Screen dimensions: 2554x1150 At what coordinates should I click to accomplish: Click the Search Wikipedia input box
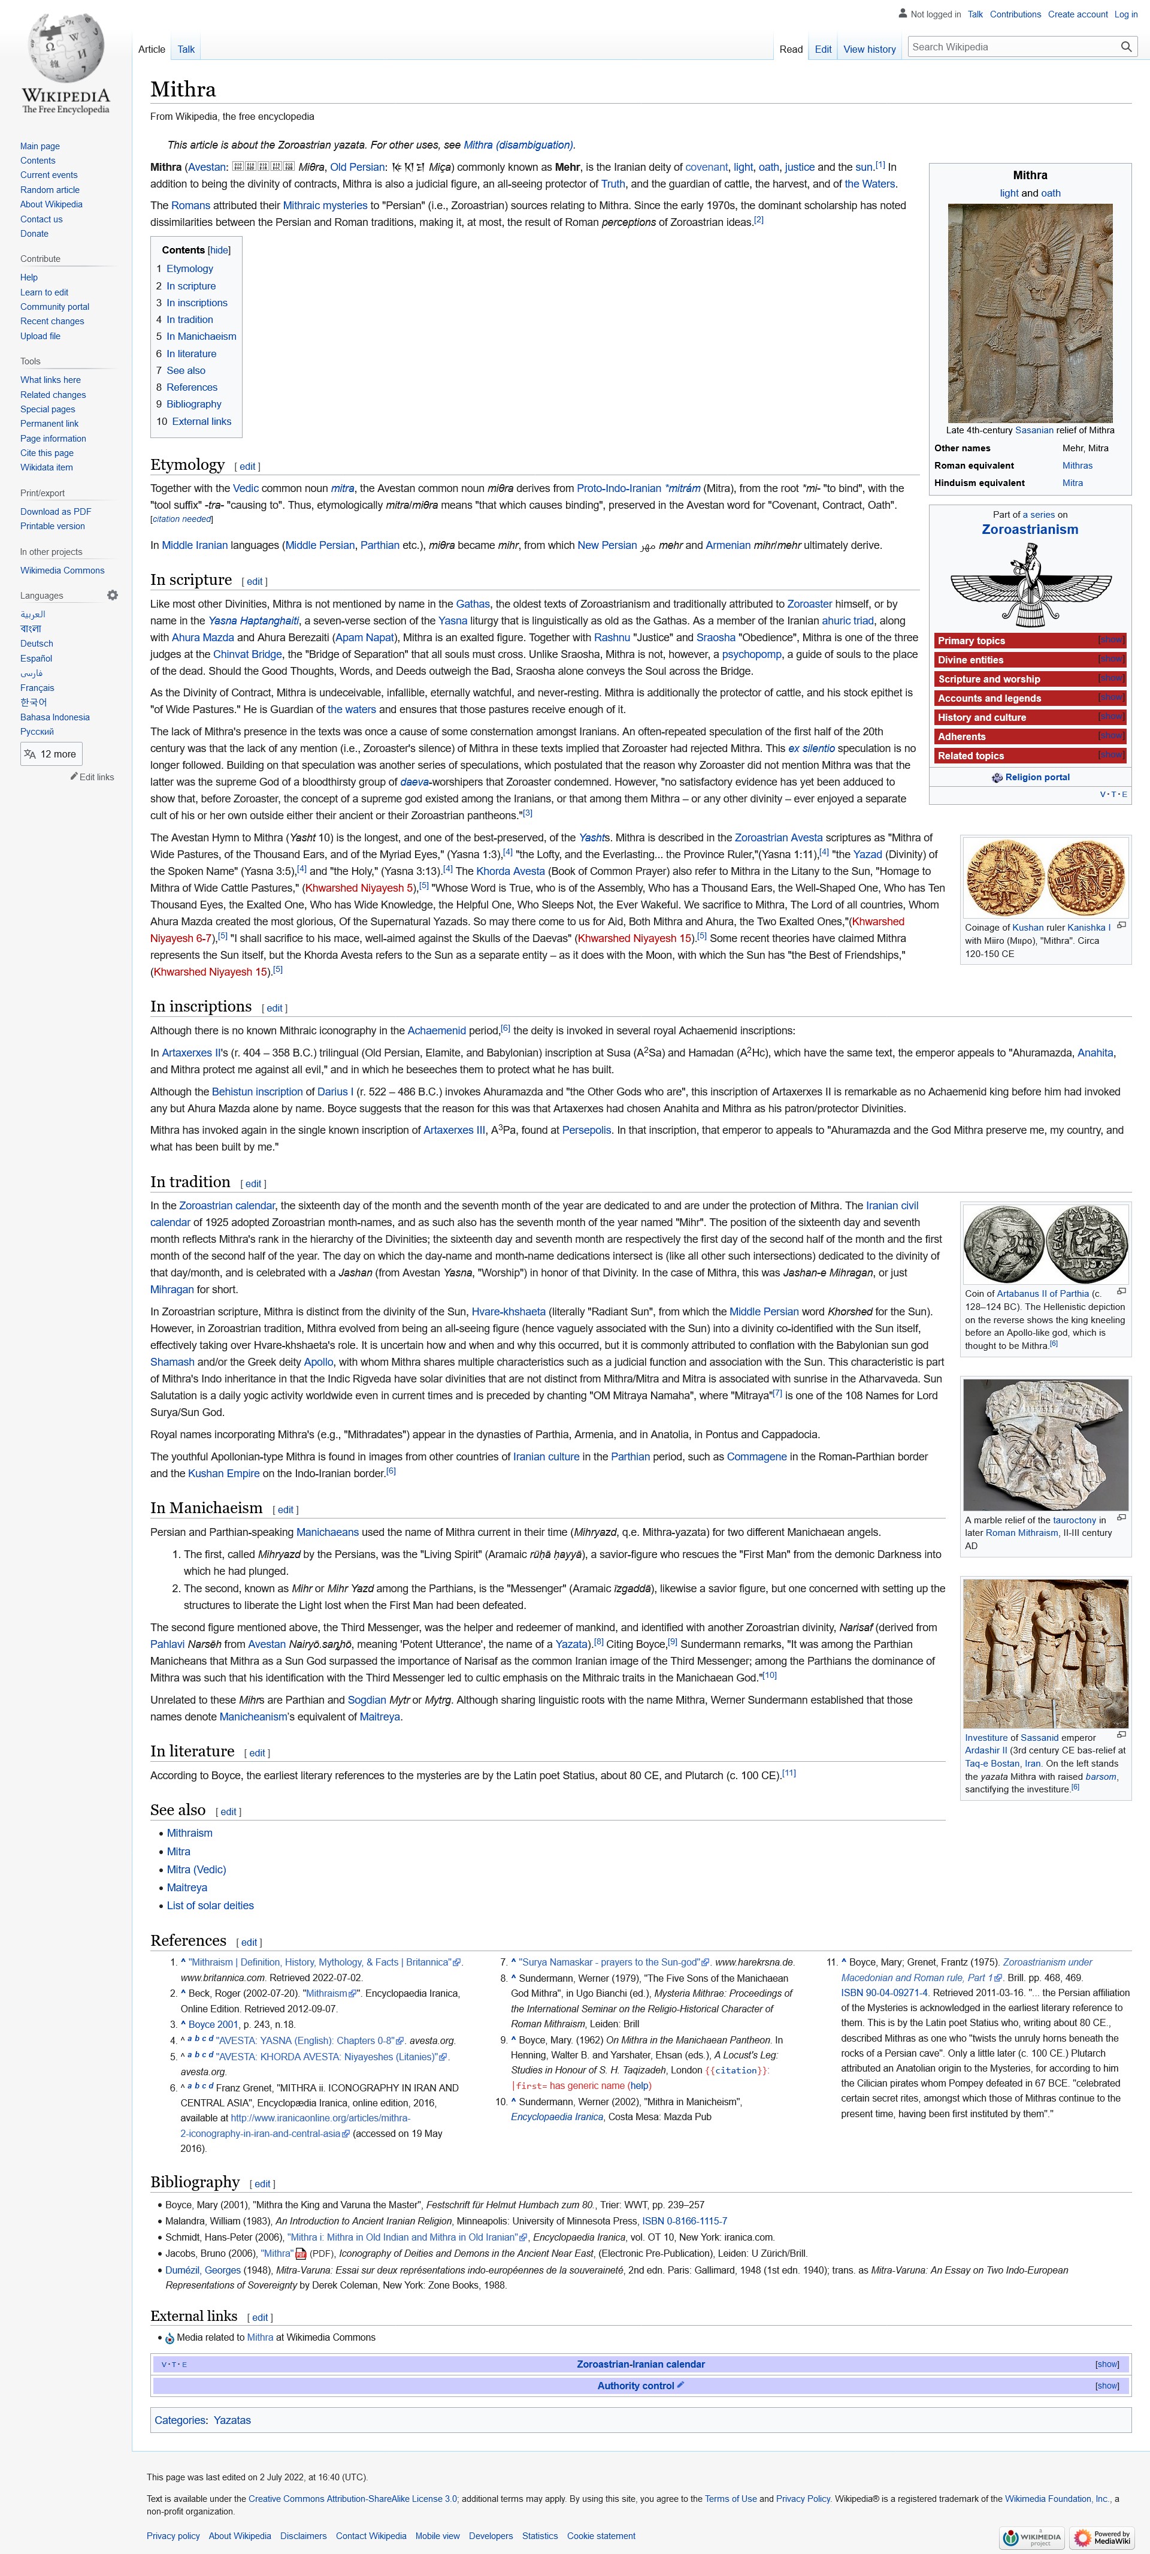coord(1011,47)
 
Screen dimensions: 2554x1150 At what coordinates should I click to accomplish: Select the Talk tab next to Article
coord(186,50)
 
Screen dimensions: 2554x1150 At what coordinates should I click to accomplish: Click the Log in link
coord(1125,15)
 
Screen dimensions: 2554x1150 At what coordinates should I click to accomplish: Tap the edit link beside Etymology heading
coord(247,467)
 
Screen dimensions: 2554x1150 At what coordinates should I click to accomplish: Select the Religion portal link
coord(1036,777)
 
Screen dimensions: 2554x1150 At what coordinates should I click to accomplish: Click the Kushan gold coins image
coord(1045,877)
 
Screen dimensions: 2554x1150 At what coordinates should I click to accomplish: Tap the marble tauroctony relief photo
coord(1045,1445)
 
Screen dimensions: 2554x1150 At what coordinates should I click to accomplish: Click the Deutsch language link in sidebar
coord(37,644)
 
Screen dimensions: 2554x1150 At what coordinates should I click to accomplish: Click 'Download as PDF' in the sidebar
coord(56,512)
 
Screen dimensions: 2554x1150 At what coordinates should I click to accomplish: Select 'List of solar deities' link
coord(210,1906)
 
